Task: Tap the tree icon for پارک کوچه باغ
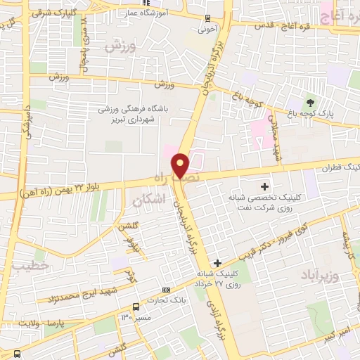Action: coord(311,103)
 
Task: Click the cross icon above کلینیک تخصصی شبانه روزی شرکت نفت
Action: coord(264,186)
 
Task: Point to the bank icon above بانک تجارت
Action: coord(166,290)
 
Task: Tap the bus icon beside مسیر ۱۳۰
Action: coord(136,307)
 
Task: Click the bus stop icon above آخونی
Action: coord(207,18)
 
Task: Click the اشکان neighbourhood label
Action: coord(148,200)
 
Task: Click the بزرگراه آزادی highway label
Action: coord(210,310)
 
